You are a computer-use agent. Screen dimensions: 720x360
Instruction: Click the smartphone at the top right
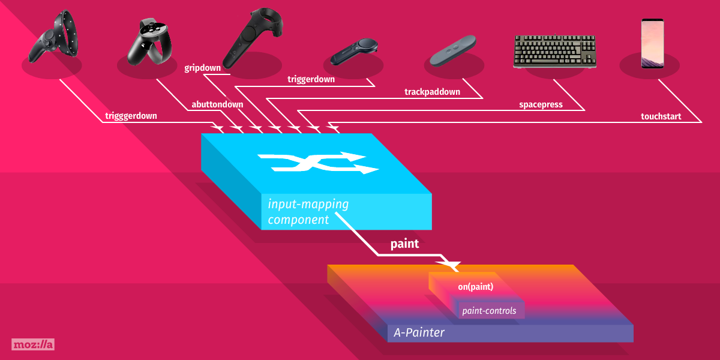pyautogui.click(x=653, y=43)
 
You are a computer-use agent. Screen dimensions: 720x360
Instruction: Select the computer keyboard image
pyautogui.click(x=555, y=51)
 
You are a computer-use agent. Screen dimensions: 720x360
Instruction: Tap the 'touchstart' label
pyautogui.click(x=661, y=116)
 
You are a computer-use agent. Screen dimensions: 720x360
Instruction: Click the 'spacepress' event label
pyautogui.click(x=541, y=105)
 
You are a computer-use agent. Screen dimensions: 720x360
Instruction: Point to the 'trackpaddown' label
pyautogui.click(x=432, y=92)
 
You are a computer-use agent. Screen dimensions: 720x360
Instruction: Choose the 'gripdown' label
pyautogui.click(x=203, y=68)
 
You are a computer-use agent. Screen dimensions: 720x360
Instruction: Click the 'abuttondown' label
pyautogui.click(x=217, y=104)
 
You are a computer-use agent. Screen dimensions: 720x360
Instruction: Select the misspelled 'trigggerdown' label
pyautogui.click(x=131, y=116)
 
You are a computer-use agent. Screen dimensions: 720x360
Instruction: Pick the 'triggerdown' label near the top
pyautogui.click(x=311, y=79)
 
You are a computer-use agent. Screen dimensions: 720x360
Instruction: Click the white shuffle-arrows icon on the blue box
pyautogui.click(x=318, y=163)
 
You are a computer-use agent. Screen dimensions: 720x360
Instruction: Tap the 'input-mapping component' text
pyautogui.click(x=308, y=212)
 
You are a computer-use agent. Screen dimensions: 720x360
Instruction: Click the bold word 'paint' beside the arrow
pyautogui.click(x=404, y=244)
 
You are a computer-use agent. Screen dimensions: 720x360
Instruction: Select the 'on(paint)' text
pyautogui.click(x=475, y=287)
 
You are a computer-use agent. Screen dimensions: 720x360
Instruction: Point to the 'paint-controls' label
pyautogui.click(x=489, y=311)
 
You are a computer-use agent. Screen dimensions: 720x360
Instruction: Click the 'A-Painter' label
pyautogui.click(x=419, y=332)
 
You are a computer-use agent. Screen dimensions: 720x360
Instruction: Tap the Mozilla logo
pyautogui.click(x=33, y=344)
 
